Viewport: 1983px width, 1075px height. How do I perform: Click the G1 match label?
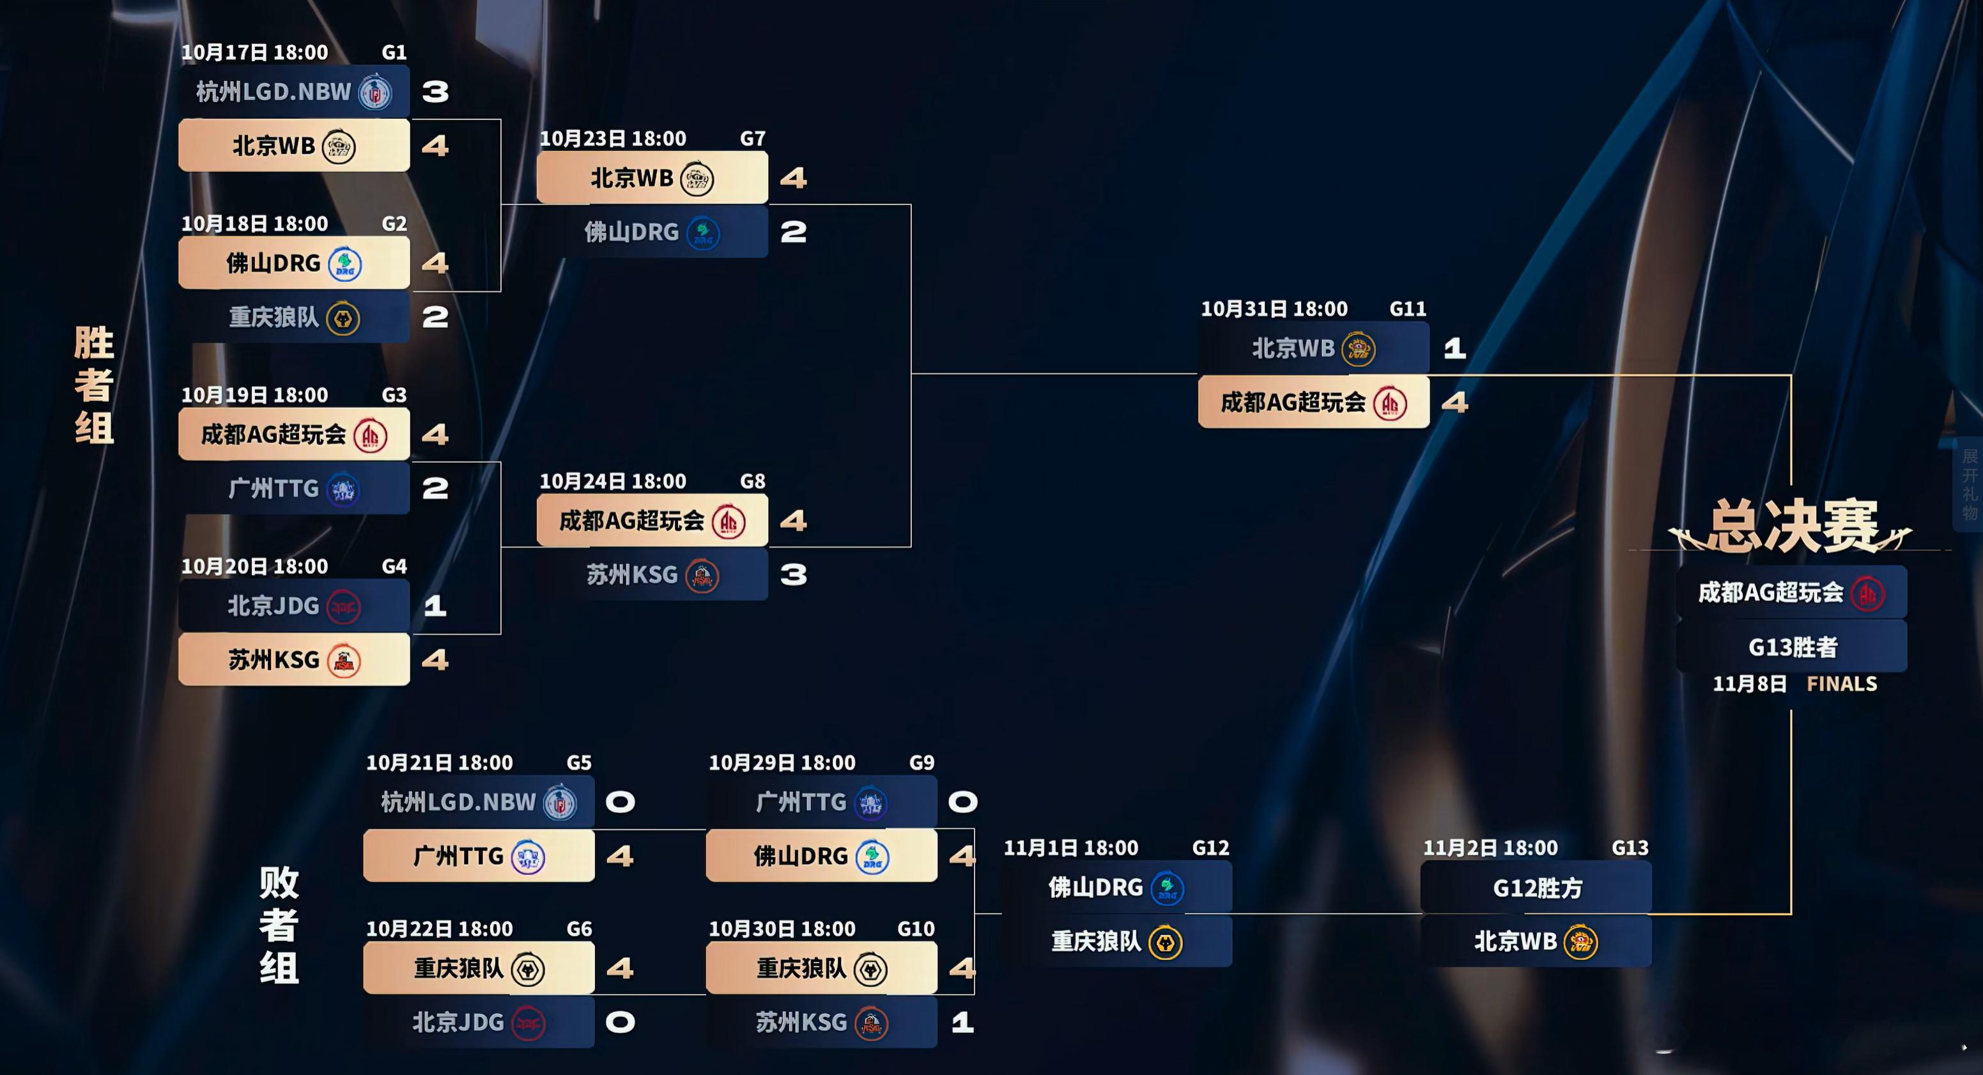394,52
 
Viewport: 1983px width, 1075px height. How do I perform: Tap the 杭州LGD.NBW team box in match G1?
294,91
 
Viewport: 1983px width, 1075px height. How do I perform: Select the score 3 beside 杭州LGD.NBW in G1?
435,91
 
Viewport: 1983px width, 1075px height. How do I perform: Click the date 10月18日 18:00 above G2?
255,224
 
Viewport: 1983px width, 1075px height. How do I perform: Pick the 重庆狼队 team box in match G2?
294,317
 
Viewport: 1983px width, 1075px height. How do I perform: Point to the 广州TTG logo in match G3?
343,490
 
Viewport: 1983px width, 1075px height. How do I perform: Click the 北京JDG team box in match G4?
294,606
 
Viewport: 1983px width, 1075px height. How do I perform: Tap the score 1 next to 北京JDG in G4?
435,606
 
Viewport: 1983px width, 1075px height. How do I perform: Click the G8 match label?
752,482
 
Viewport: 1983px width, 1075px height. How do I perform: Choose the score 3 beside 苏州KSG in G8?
793,575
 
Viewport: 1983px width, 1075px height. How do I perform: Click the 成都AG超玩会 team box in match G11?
1313,402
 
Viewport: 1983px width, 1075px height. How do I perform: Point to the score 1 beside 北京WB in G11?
1454,349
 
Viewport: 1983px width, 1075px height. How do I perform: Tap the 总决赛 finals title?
1791,527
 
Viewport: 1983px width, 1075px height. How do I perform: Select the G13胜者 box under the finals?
1792,647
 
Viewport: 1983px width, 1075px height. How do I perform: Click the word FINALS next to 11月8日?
1841,684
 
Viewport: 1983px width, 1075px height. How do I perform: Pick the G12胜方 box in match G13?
1536,888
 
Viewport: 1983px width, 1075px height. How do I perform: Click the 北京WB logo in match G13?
1580,943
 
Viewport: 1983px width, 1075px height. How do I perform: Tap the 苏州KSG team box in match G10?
821,1022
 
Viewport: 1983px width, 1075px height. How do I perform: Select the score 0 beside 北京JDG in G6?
620,1022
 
